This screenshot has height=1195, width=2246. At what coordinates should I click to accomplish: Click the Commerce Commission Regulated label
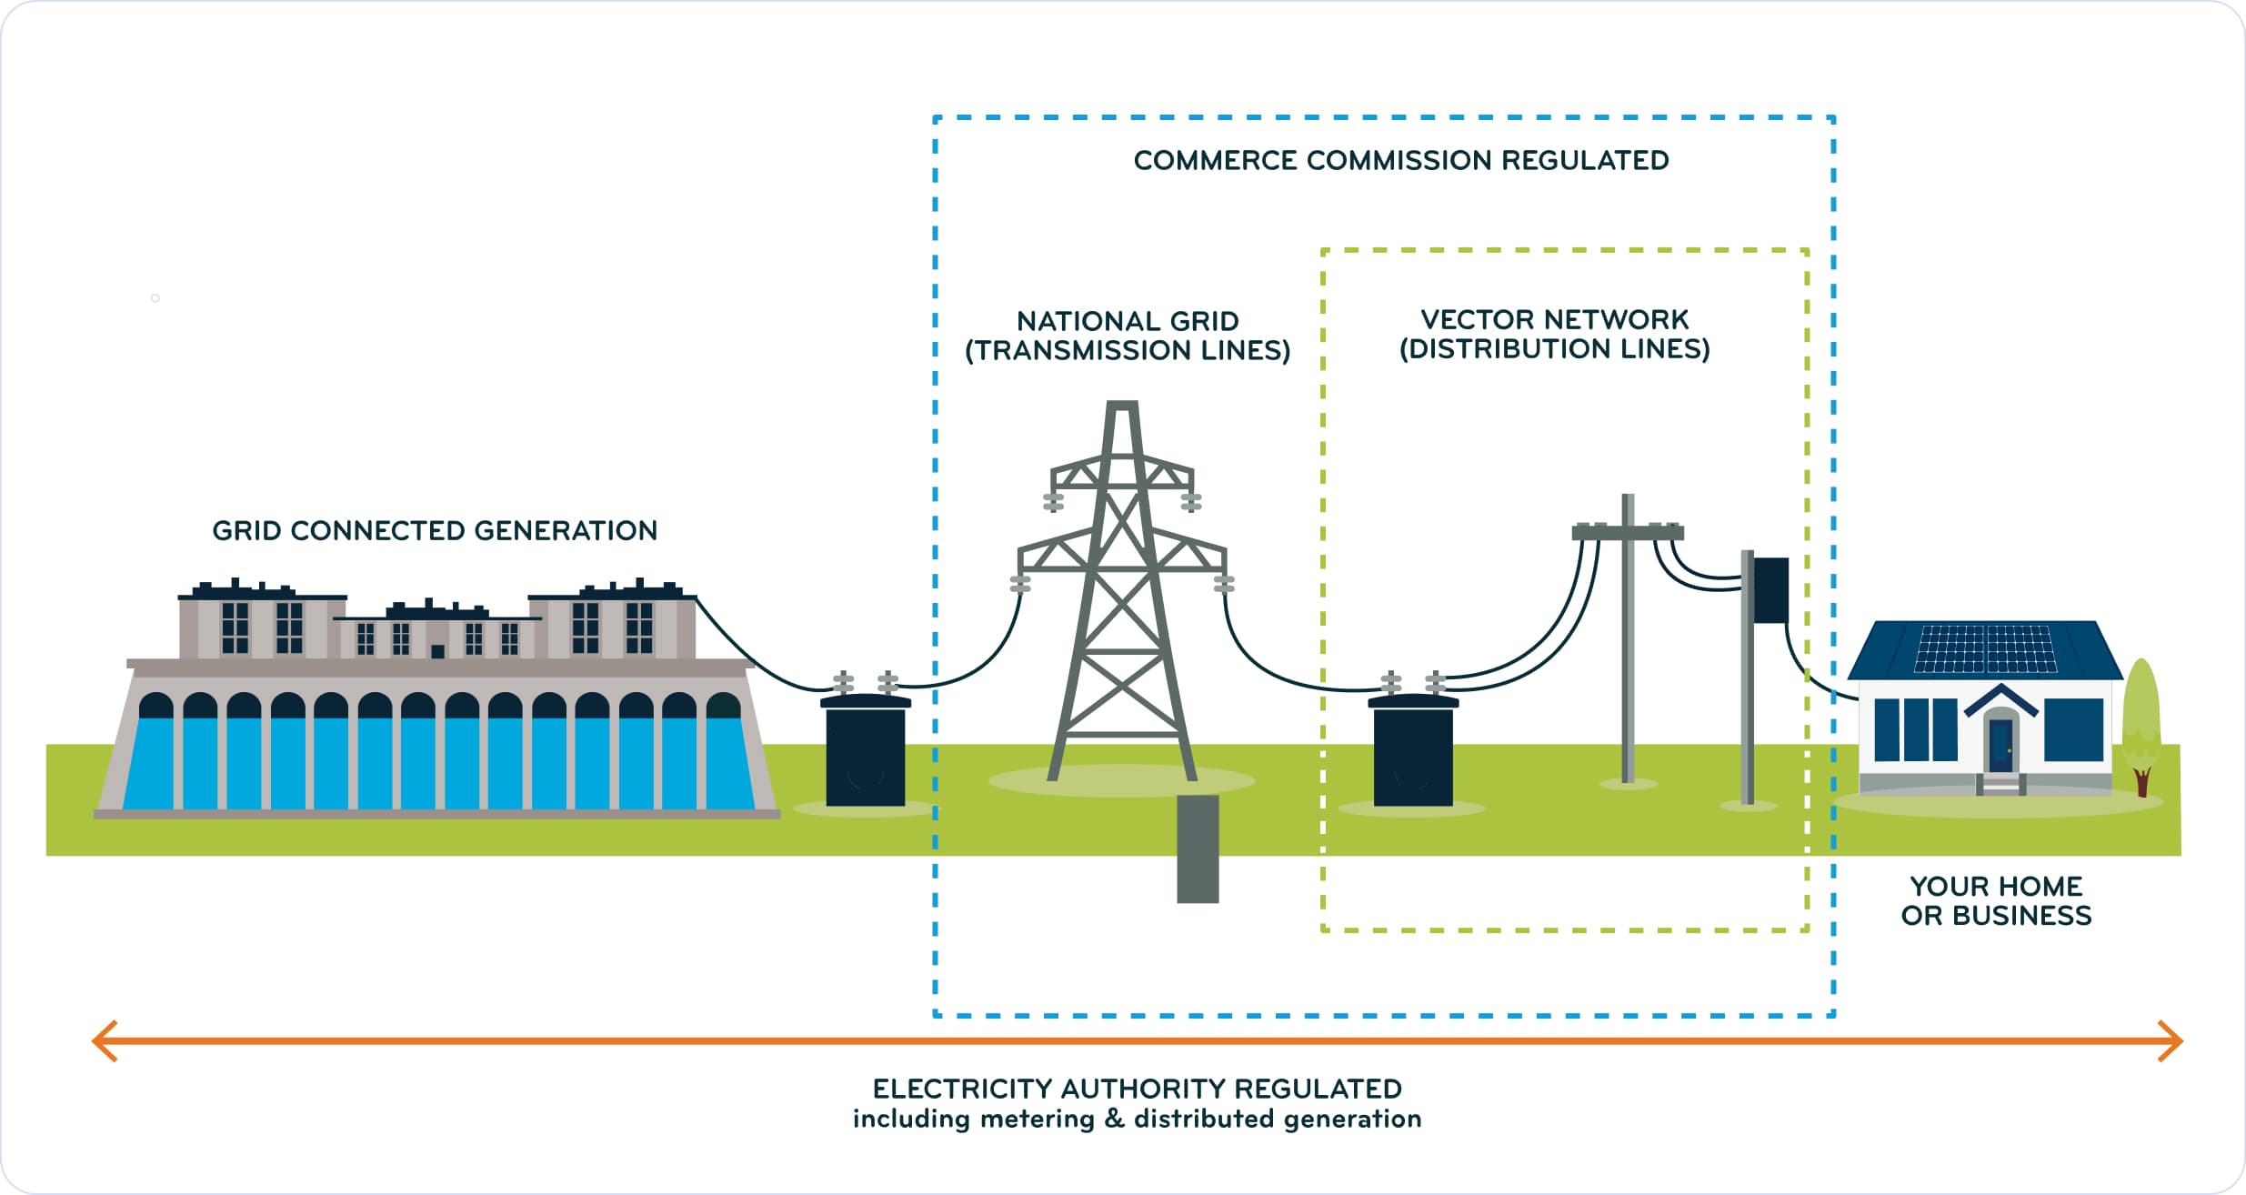[x=1400, y=161]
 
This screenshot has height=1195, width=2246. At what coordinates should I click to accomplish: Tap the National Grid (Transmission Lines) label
[x=1128, y=336]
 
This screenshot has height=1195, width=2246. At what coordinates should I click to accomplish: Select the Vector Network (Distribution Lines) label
[x=1554, y=334]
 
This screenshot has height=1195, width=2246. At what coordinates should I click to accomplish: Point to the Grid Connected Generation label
[x=435, y=531]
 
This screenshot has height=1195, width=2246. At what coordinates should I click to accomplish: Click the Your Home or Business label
[x=1996, y=900]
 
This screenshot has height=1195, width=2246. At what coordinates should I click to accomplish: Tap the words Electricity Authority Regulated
[x=1137, y=1089]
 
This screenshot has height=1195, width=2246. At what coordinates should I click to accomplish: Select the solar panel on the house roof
[x=1985, y=649]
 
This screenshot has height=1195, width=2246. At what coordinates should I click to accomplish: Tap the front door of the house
[x=2000, y=745]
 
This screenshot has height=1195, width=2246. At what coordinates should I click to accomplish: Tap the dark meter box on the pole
[x=1770, y=590]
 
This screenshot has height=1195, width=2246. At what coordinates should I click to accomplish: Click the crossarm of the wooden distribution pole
[x=1628, y=532]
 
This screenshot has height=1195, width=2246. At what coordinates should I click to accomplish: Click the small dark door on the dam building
[x=437, y=651]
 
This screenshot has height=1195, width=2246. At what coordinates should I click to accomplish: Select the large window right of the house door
[x=2073, y=729]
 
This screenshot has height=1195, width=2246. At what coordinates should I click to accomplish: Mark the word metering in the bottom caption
[x=1037, y=1119]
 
